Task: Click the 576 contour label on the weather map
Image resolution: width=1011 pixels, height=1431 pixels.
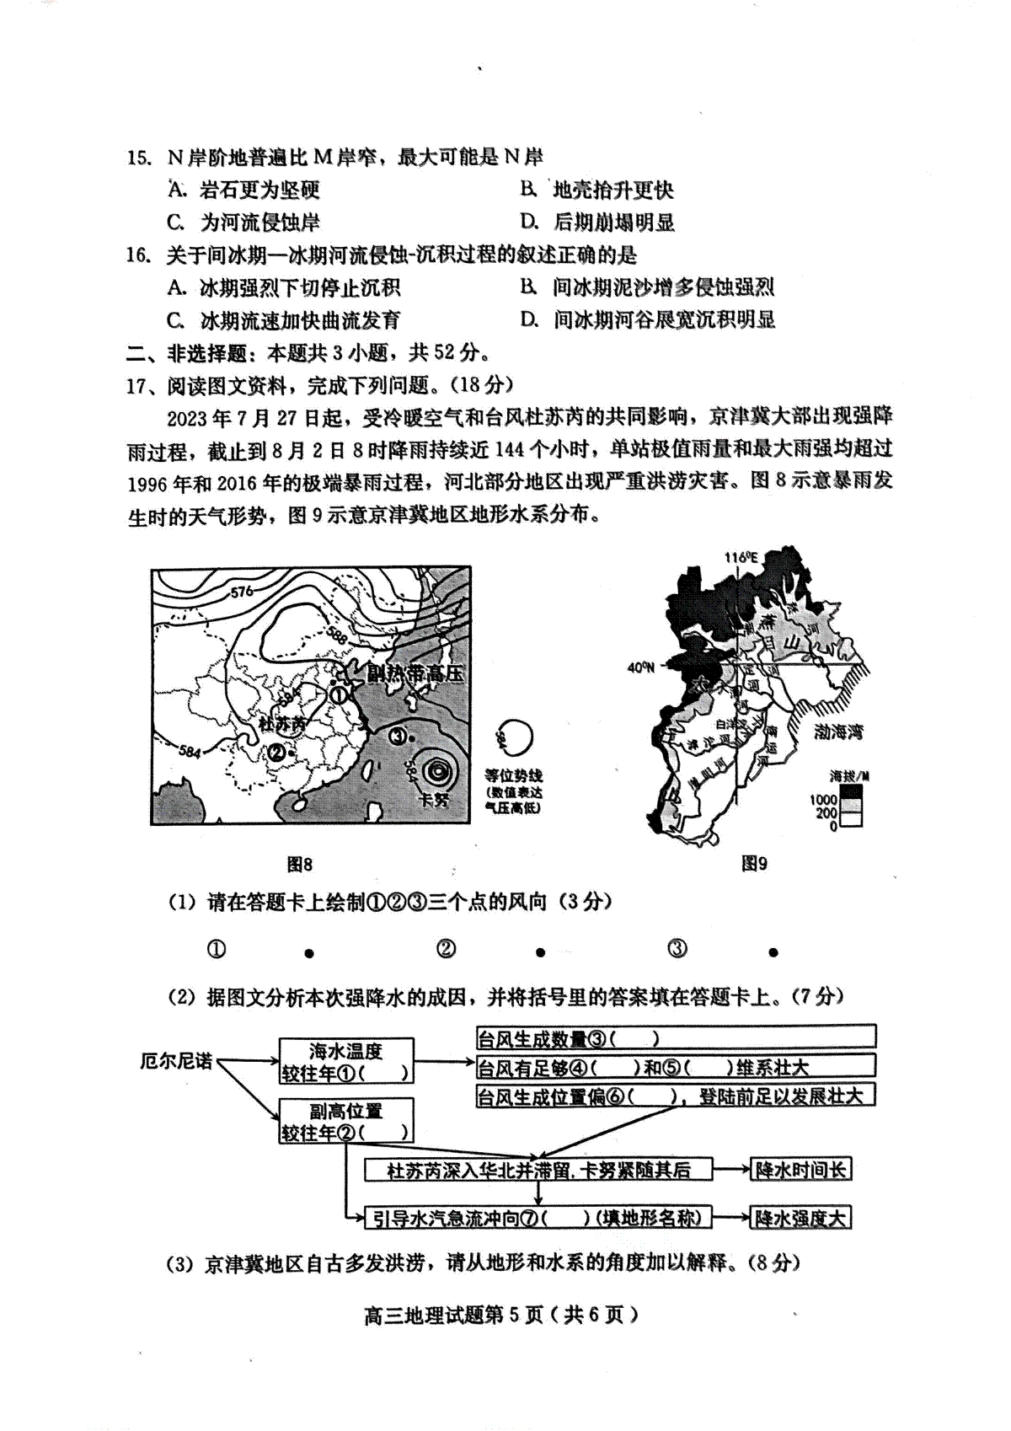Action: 242,592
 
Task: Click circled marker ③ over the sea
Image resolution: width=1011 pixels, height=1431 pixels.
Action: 398,735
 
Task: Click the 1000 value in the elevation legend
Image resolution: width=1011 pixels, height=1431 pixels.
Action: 824,799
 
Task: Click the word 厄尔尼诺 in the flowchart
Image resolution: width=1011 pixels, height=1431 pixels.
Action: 176,1060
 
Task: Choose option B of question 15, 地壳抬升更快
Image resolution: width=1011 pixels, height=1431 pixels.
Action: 612,190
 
